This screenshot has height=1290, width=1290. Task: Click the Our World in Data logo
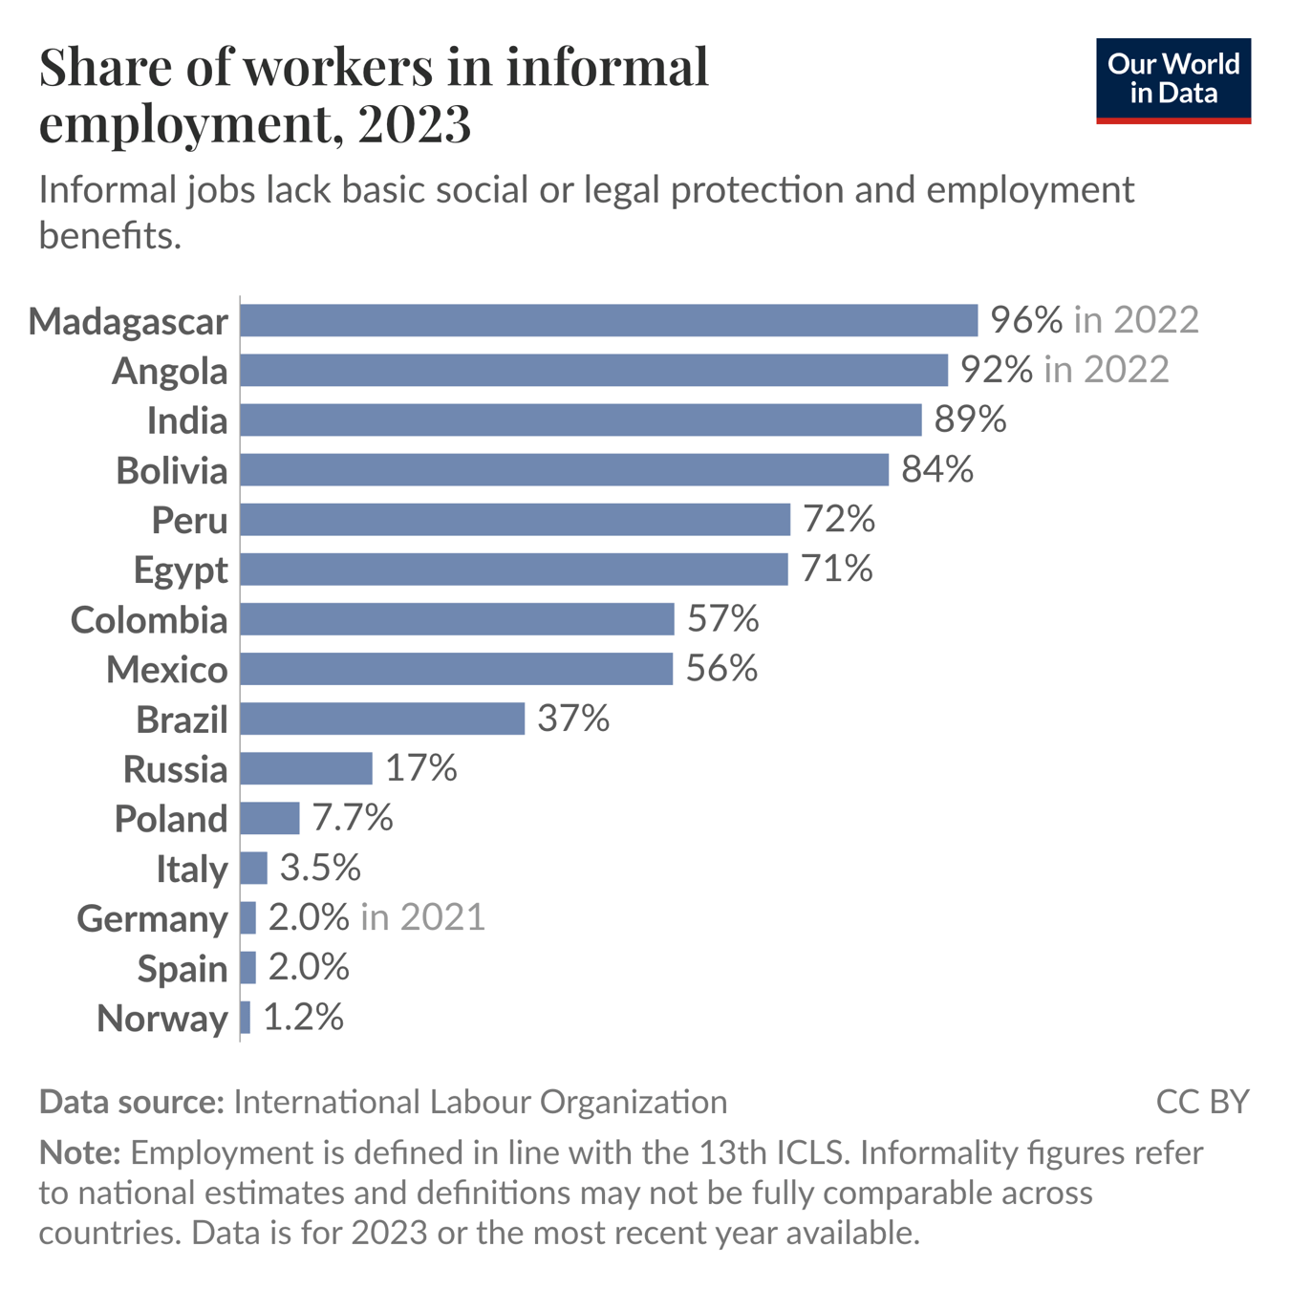(x=1172, y=80)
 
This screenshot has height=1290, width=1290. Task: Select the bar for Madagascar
(x=609, y=320)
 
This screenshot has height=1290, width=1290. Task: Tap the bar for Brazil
(x=382, y=719)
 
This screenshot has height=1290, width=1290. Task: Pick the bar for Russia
(x=306, y=768)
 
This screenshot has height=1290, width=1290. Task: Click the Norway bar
(x=246, y=1018)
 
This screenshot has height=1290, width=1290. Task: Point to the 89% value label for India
(x=970, y=419)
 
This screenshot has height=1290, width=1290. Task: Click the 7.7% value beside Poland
(x=353, y=818)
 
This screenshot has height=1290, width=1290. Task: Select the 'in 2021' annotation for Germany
(x=422, y=917)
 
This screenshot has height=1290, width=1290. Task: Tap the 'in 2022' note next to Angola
(x=1107, y=370)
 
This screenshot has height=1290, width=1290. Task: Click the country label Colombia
(x=149, y=620)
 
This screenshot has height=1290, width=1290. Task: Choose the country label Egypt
(x=181, y=570)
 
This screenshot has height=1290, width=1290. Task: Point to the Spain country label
(x=183, y=969)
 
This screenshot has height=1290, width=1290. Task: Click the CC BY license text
(x=1202, y=1102)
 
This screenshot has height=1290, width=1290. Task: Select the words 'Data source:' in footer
(x=131, y=1102)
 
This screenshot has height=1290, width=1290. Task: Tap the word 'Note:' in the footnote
(x=79, y=1152)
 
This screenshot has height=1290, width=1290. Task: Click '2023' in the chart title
(x=415, y=124)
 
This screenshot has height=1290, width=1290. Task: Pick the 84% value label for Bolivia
(x=937, y=469)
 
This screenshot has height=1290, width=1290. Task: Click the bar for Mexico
(x=456, y=669)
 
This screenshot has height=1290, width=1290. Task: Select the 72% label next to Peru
(x=838, y=519)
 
